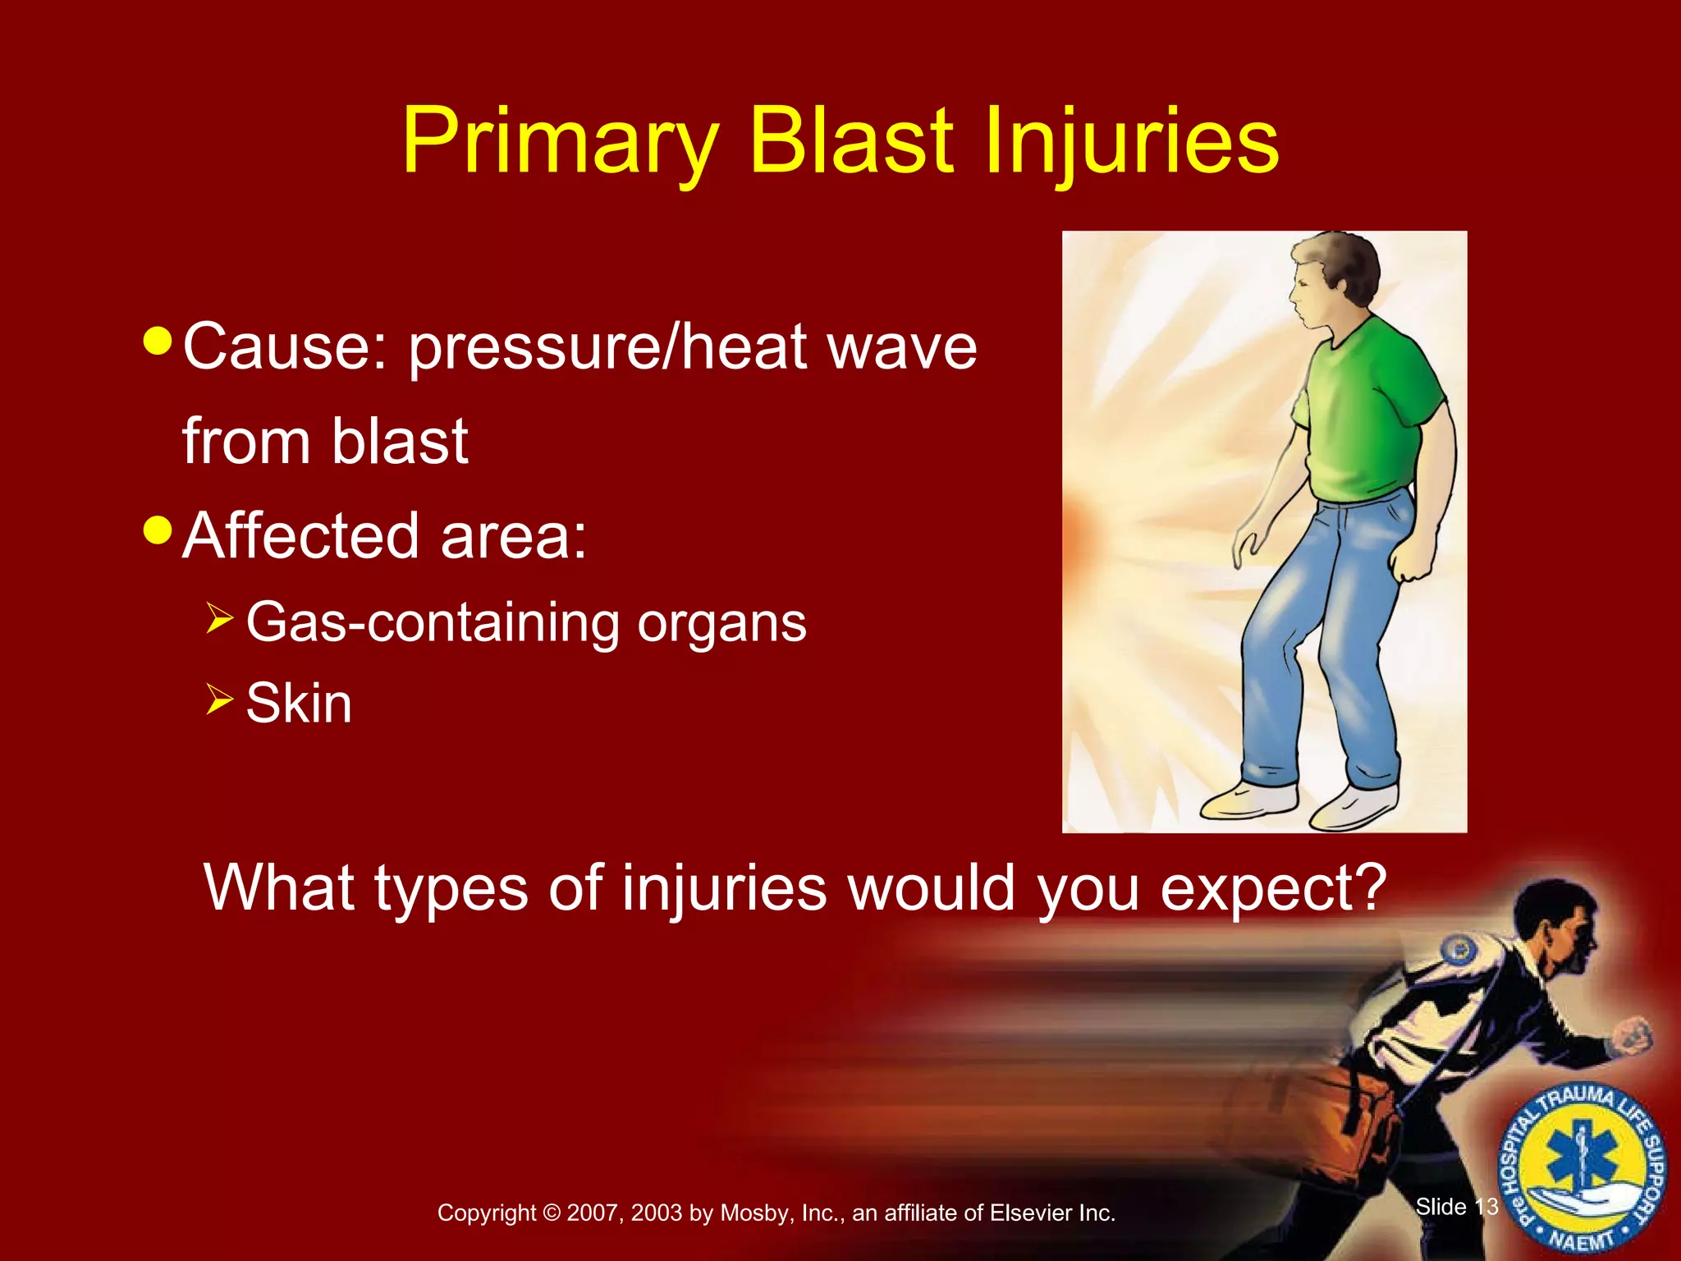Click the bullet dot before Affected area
(157, 530)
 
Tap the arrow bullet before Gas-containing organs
(220, 617)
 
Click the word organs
(721, 624)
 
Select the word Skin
(299, 704)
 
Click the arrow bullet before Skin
(220, 699)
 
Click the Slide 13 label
(1456, 1207)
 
